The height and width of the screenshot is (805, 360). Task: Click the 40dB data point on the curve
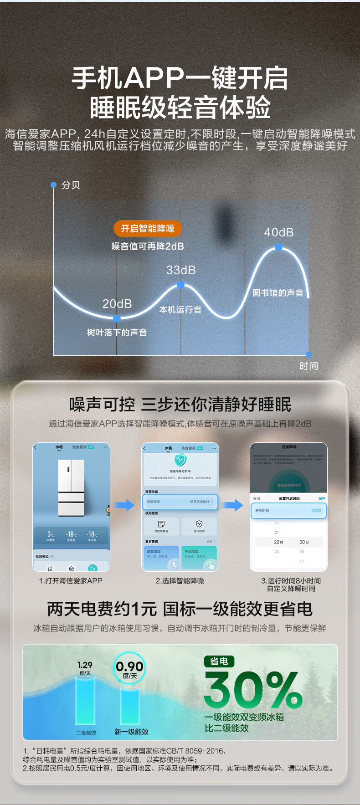pos(278,247)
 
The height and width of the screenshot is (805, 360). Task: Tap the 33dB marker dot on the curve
pos(180,285)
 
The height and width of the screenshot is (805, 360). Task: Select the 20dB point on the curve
pos(117,318)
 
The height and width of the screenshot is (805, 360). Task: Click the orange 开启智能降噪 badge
pos(148,228)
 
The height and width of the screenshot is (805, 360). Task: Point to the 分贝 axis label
pos(71,185)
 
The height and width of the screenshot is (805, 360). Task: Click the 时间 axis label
pos(309,366)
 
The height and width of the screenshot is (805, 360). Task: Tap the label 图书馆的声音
pos(278,293)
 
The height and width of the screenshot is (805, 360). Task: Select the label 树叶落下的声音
pos(117,333)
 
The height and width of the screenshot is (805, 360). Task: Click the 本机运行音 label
pos(180,310)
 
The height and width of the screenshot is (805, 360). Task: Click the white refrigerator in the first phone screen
pos(71,487)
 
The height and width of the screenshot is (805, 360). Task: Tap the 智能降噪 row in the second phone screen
pos(180,502)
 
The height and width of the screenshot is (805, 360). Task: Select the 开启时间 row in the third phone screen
pos(288,511)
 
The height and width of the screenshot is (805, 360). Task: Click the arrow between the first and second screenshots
pos(124,505)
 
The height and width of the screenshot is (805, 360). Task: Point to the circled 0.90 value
pos(129,668)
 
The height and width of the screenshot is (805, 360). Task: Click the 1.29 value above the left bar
pos(85,665)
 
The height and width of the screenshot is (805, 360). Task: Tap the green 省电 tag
pos(219,661)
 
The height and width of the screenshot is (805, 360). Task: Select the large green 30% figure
pos(253,690)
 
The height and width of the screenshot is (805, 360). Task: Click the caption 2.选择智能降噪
pos(180,581)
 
